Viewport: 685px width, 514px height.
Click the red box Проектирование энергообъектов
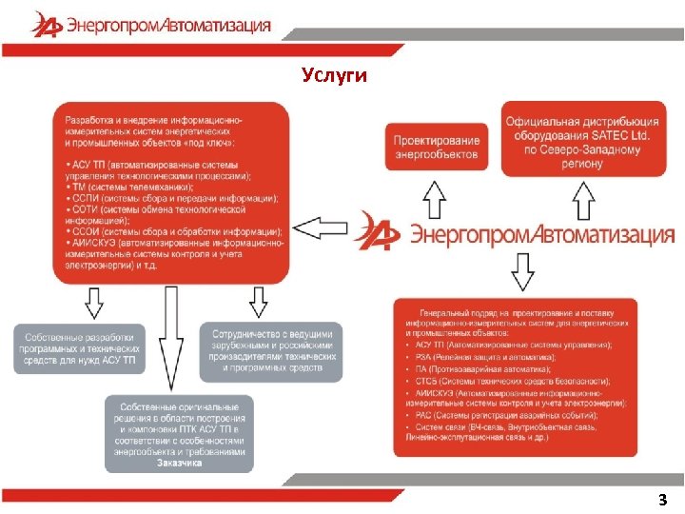pos(437,148)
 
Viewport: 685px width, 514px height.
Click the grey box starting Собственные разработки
pos(81,347)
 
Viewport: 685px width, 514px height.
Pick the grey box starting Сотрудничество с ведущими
pos(271,349)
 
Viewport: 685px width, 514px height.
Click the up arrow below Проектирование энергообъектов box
pos(434,202)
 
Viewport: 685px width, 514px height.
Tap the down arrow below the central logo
pos(523,274)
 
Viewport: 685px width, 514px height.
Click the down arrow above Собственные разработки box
pos(93,303)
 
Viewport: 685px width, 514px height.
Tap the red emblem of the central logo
pos(377,231)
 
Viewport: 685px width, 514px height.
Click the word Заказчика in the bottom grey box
pos(180,464)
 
